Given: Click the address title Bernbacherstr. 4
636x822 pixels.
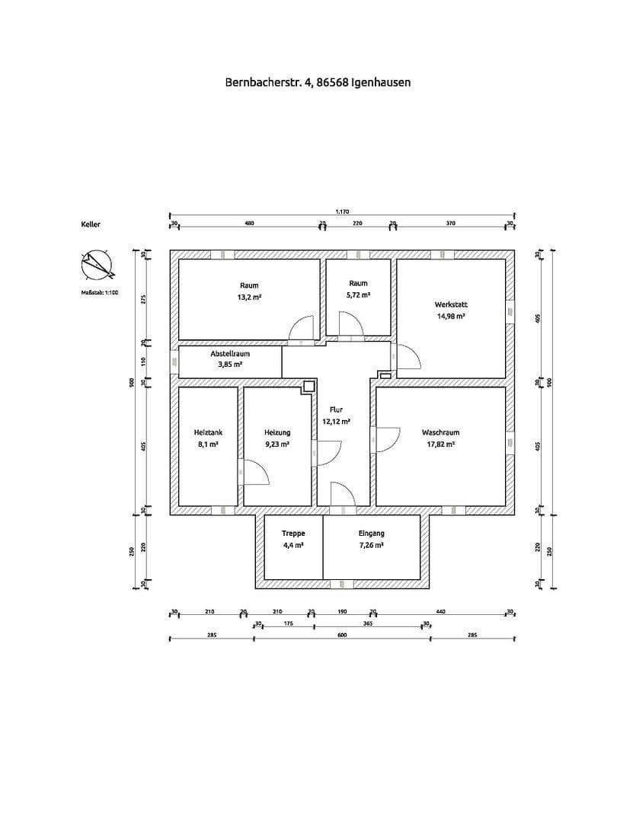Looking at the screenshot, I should pyautogui.click(x=318, y=81).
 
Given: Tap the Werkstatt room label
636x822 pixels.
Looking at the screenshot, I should pyautogui.click(x=451, y=304).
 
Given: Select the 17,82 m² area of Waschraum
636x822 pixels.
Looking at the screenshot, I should pyautogui.click(x=440, y=444).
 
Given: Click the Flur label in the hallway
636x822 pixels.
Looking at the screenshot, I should pyautogui.click(x=336, y=409).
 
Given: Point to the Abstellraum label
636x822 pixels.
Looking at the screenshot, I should pyautogui.click(x=230, y=354).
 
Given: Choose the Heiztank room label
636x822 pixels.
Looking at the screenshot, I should pyautogui.click(x=208, y=432).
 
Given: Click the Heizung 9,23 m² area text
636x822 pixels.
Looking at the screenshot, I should pyautogui.click(x=277, y=444).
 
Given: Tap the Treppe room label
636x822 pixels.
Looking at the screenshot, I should pyautogui.click(x=293, y=534).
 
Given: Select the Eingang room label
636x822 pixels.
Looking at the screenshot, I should pyautogui.click(x=371, y=534).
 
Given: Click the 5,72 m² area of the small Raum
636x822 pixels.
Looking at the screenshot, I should pyautogui.click(x=358, y=295).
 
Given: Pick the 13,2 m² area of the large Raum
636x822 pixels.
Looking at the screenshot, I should pyautogui.click(x=249, y=298).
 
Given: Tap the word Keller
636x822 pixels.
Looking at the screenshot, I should pyautogui.click(x=91, y=225).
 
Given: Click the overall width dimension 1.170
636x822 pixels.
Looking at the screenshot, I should pyautogui.click(x=342, y=212).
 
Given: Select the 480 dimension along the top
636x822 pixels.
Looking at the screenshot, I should pyautogui.click(x=249, y=223).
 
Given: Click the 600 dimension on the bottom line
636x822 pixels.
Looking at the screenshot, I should pyautogui.click(x=342, y=634).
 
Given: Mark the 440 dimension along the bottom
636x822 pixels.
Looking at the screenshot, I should pyautogui.click(x=440, y=611).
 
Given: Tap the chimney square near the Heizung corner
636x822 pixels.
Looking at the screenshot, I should pyautogui.click(x=308, y=386).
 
